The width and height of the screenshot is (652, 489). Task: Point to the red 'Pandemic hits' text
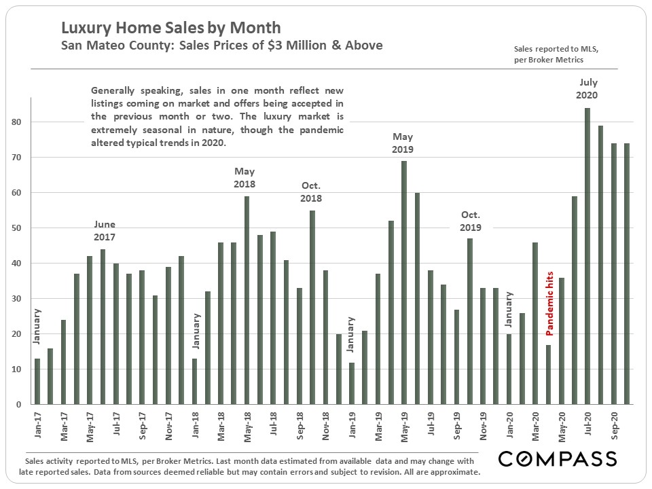pos(549,304)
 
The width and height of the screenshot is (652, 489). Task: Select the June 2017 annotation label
pos(104,231)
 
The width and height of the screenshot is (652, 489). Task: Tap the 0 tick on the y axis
pos(20,405)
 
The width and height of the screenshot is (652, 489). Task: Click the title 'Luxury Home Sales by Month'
pos(170,29)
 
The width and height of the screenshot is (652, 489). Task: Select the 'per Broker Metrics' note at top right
pos(548,60)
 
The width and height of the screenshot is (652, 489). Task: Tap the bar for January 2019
pos(352,384)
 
